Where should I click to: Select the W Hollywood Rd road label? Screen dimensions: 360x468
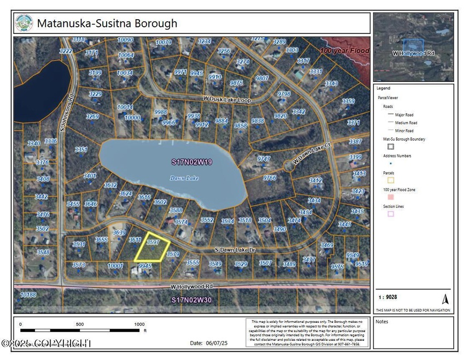[191, 286]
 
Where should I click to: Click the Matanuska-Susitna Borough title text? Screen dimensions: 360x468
[107, 24]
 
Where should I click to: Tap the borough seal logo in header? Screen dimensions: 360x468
[24, 24]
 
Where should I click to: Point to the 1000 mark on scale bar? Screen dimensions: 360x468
[139, 324]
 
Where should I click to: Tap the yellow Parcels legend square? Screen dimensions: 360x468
[390, 179]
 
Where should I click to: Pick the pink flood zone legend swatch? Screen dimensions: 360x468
[390, 196]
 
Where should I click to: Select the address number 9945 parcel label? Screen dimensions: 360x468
[145, 265]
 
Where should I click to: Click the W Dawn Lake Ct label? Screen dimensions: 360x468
[305, 154]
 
